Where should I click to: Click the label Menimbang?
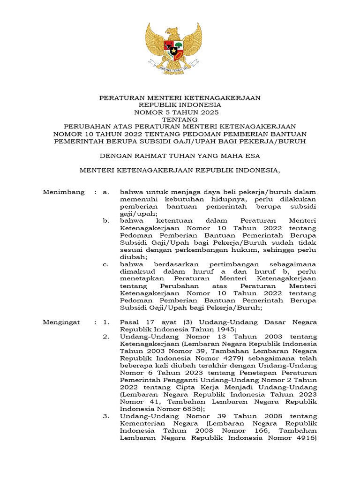pos(64,192)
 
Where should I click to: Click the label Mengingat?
pos(61,322)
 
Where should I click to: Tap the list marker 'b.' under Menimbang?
pos(106,221)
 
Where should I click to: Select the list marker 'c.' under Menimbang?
pos(106,264)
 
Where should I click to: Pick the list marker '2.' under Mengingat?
pos(106,337)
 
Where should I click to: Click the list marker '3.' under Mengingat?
pos(106,416)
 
